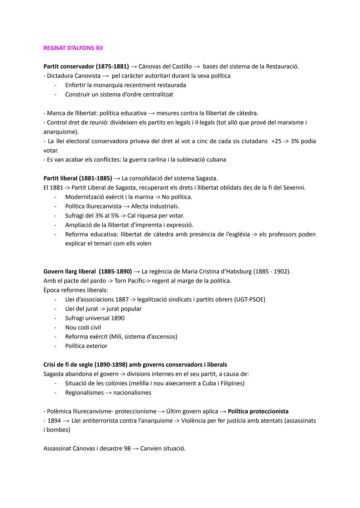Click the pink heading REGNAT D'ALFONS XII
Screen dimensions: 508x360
[x=73, y=48]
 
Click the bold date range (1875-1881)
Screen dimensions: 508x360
[x=112, y=66]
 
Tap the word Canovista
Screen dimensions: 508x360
[x=87, y=76]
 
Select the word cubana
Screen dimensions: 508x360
[x=216, y=160]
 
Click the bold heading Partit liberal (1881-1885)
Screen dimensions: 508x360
[x=78, y=178]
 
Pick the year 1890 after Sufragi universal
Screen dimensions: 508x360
[x=118, y=318]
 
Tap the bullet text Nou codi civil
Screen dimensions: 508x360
[x=83, y=327]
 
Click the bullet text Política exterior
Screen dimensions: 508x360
[x=86, y=346]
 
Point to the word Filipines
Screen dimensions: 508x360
[x=232, y=383]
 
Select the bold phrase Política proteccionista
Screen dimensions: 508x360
[x=258, y=411]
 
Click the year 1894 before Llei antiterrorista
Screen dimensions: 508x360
[x=54, y=421]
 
